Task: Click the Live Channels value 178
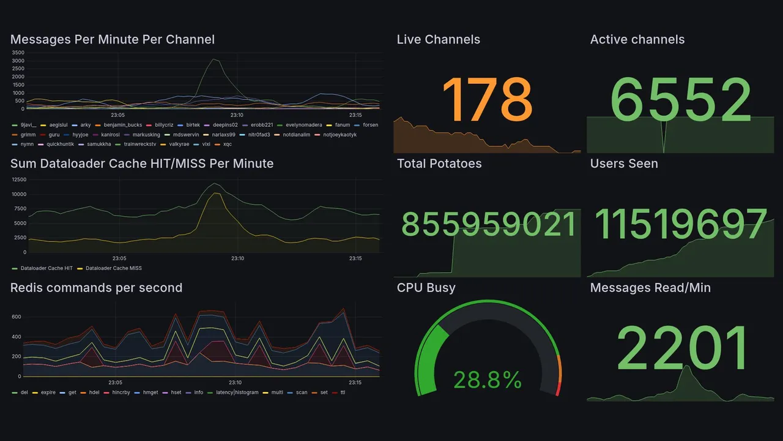pyautogui.click(x=487, y=100)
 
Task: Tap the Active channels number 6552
pyautogui.click(x=681, y=100)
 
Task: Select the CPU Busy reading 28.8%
pyautogui.click(x=487, y=380)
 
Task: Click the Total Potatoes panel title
pyautogui.click(x=439, y=164)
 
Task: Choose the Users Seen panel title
pyautogui.click(x=623, y=164)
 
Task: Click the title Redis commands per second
pyautogui.click(x=96, y=288)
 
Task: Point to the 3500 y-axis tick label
pyautogui.click(x=18, y=53)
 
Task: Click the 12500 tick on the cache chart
pyautogui.click(x=19, y=179)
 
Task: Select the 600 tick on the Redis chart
pyautogui.click(x=17, y=317)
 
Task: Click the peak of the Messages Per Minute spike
pyautogui.click(x=213, y=59)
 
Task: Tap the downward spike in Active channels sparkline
pyautogui.click(x=664, y=150)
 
